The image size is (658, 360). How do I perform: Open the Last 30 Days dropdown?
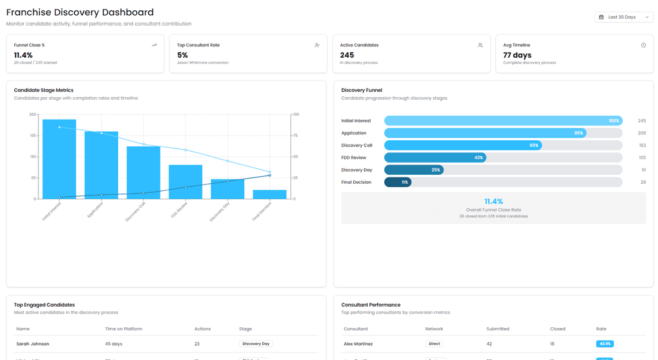point(623,17)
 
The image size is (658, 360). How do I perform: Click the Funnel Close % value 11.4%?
point(23,55)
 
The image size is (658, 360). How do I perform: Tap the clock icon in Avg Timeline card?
point(643,45)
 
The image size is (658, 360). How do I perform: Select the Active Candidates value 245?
point(347,55)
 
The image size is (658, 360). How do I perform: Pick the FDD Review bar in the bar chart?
point(186,182)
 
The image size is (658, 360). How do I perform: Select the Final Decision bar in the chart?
point(269,194)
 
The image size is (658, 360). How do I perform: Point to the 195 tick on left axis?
point(33,136)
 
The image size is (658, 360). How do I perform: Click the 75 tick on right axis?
point(296,136)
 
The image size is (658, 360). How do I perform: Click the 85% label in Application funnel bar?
point(579,133)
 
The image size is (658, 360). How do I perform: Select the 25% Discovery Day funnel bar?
point(414,170)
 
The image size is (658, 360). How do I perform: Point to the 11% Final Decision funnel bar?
point(398,182)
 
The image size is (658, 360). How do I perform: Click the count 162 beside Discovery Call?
point(642,145)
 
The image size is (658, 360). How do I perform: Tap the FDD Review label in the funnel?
point(353,157)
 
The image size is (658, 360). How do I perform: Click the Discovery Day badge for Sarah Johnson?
point(256,344)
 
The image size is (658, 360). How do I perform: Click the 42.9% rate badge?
point(604,344)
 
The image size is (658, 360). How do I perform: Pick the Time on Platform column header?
point(124,328)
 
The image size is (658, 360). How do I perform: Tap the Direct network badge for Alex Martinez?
point(434,344)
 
